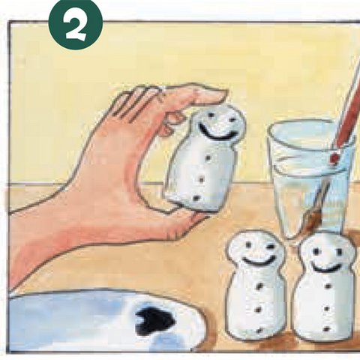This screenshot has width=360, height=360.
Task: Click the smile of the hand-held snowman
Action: (217, 135)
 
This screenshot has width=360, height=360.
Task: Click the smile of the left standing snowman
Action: (258, 263)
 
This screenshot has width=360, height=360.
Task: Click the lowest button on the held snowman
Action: (196, 198)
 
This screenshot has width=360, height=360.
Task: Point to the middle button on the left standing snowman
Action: (259, 308)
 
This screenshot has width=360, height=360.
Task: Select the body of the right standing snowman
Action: (322, 307)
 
